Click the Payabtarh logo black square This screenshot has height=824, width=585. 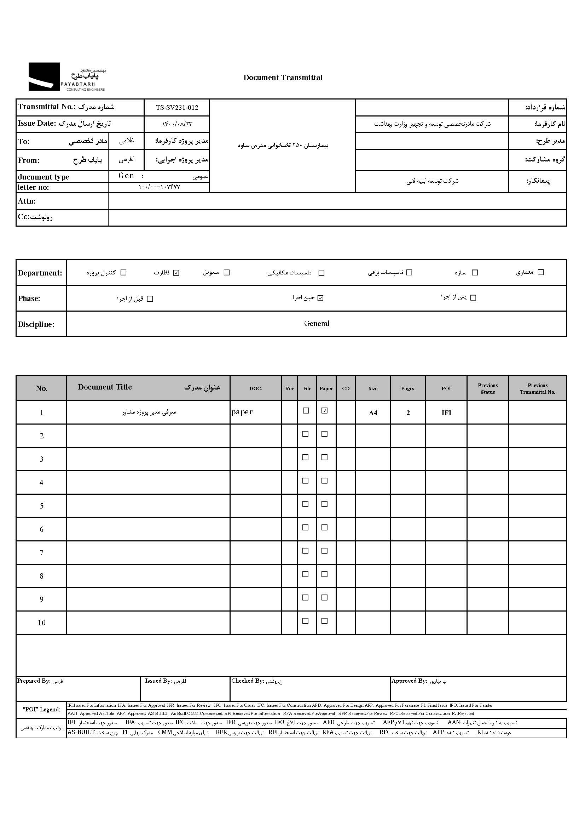tap(44, 76)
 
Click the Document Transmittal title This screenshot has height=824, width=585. tap(283, 78)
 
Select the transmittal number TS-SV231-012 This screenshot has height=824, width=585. tap(177, 107)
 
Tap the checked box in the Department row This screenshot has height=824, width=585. tap(176, 273)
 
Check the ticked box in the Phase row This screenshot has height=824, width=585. tap(320, 298)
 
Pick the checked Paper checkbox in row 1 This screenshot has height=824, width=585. tap(325, 411)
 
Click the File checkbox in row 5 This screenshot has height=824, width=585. tap(306, 504)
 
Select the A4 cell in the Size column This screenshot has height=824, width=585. tap(373, 413)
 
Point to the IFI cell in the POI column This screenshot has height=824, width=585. tap(446, 413)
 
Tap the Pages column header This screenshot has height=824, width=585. tap(408, 388)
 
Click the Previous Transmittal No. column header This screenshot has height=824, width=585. tap(538, 388)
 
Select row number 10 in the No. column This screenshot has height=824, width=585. tap(41, 623)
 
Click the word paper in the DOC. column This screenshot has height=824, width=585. tap(242, 412)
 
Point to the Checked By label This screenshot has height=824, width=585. tap(248, 681)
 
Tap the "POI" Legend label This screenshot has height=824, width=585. tap(41, 709)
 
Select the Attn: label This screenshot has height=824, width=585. tap(27, 201)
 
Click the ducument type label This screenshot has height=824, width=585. tap(44, 177)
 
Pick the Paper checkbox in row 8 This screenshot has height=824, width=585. tap(325, 574)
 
